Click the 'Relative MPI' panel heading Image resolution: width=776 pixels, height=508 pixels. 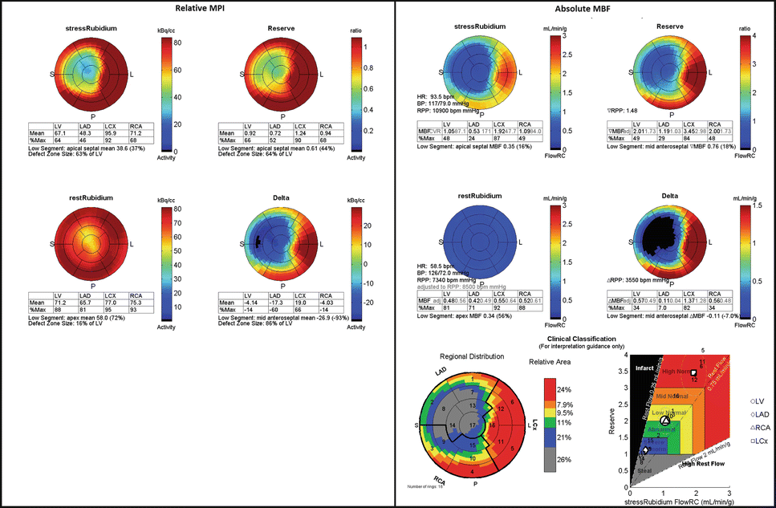(197, 9)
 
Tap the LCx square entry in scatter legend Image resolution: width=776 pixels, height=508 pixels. (746, 442)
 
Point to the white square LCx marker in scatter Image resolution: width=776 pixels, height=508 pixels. (693, 373)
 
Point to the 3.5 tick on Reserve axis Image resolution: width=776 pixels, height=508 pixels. (623, 371)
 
